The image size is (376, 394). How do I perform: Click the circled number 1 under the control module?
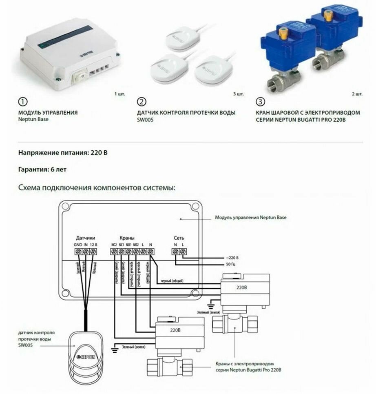pos(24,102)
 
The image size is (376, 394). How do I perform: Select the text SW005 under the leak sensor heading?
pos(145,120)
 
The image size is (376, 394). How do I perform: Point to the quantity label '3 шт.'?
pos(239,94)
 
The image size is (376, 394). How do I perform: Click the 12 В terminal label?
pos(93,245)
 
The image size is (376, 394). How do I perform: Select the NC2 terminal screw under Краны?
pos(114,252)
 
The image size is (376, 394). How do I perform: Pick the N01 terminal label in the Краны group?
pos(128,245)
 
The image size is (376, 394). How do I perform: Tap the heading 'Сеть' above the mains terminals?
pos(179,238)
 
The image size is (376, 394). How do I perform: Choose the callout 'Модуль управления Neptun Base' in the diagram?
pos(251,218)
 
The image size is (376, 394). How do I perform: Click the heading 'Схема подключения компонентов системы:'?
pos(97,188)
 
